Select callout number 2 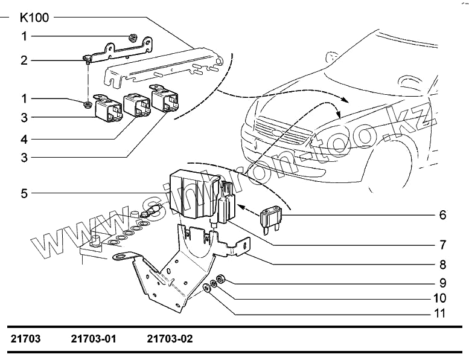tap(24, 60)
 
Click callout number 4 tap(24, 140)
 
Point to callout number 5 tap(24, 193)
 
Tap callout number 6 tap(442, 214)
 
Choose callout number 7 tap(442, 245)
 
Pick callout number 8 tap(442, 264)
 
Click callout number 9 tap(442, 282)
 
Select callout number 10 tap(440, 298)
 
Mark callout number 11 tap(440, 313)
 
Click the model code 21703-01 tap(94, 339)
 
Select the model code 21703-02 tap(170, 339)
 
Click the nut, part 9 tap(221, 279)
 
